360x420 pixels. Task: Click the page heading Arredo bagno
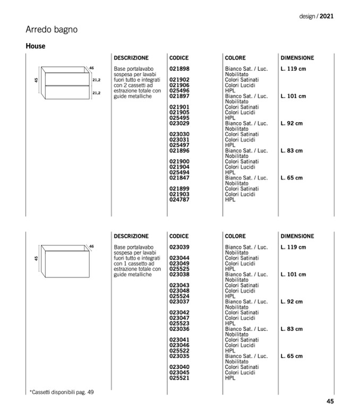click(x=52, y=30)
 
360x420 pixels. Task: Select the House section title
click(x=36, y=46)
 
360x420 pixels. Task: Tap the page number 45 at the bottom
click(x=330, y=401)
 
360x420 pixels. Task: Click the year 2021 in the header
click(x=327, y=16)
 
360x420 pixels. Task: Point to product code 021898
click(x=179, y=69)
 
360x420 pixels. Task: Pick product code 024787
click(x=179, y=200)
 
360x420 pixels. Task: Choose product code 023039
click(x=179, y=247)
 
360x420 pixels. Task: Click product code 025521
click(x=179, y=378)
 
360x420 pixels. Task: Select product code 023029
click(x=179, y=124)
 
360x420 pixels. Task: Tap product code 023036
click(x=179, y=329)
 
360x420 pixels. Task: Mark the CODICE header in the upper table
click(x=179, y=57)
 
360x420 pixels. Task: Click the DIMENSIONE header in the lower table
click(x=297, y=236)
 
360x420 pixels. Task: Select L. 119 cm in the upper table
click(x=294, y=69)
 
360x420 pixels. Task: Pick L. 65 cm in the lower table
click(x=292, y=356)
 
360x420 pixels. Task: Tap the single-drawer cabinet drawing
click(x=65, y=260)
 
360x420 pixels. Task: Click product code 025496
click(x=179, y=91)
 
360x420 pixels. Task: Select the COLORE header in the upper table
click(x=235, y=57)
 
